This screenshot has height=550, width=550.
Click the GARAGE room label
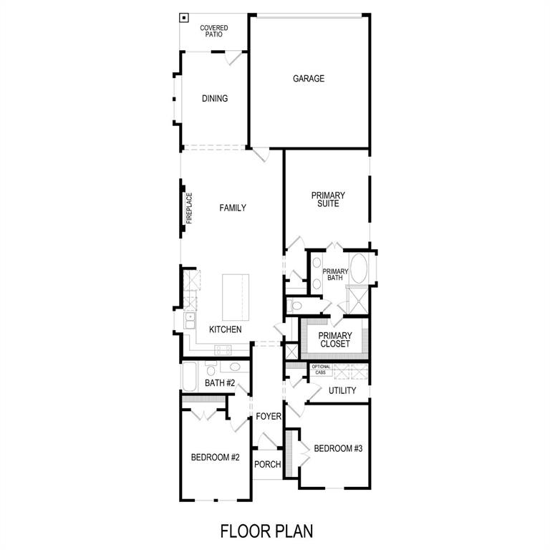click(x=308, y=79)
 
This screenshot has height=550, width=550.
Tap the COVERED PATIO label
click(x=214, y=31)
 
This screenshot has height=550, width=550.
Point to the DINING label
click(x=214, y=98)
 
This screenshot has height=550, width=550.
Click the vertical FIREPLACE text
click(x=190, y=208)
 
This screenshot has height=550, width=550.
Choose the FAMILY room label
click(x=232, y=208)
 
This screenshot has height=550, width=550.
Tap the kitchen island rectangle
click(x=237, y=297)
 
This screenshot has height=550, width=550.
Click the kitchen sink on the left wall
click(x=189, y=322)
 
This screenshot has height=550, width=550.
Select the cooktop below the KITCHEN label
click(x=223, y=350)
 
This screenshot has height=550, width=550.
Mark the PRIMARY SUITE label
click(x=327, y=200)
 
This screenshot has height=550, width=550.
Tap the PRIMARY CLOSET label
click(x=334, y=339)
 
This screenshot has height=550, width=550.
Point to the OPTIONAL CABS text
click(x=321, y=370)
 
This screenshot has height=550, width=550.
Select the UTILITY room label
click(x=342, y=390)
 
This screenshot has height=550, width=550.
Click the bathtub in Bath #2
click(x=189, y=377)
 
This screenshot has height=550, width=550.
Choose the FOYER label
click(x=269, y=416)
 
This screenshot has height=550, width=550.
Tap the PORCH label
click(x=268, y=464)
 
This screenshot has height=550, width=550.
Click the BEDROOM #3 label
click(x=338, y=448)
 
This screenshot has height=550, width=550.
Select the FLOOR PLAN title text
click(x=266, y=531)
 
